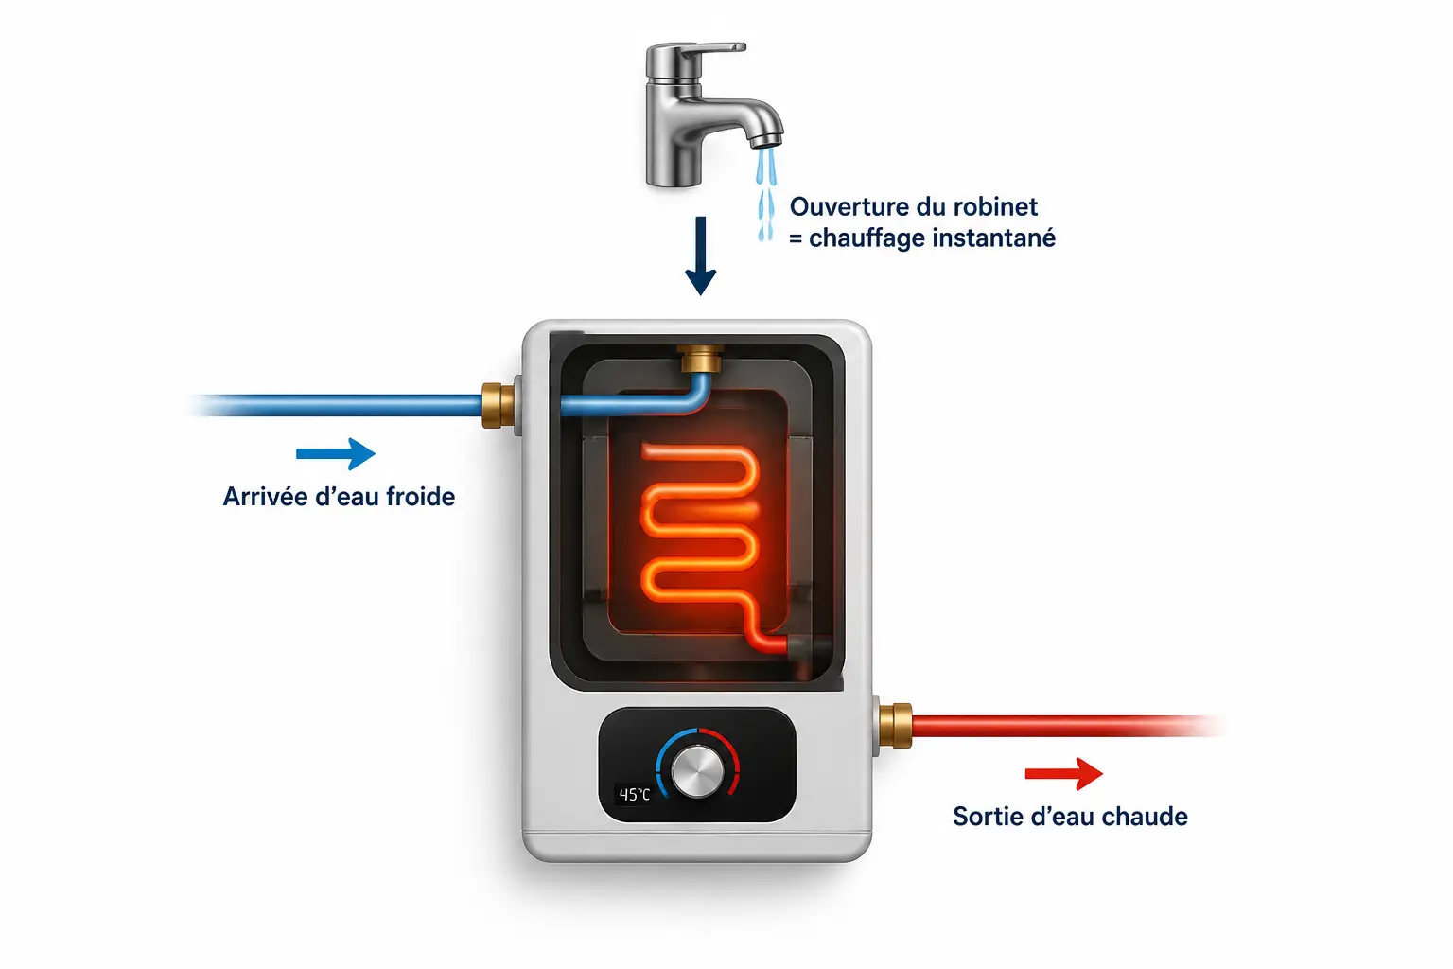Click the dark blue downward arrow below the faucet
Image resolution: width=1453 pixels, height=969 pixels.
[x=701, y=255]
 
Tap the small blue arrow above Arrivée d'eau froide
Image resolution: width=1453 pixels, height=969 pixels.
[x=336, y=453]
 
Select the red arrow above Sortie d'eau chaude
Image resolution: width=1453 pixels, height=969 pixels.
[x=1064, y=774]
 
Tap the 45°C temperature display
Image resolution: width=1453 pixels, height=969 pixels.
[x=634, y=795]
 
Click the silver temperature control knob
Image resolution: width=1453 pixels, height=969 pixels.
[x=697, y=771]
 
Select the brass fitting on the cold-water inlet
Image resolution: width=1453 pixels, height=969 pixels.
[x=499, y=405]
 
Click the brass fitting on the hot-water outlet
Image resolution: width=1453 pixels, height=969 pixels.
[x=896, y=726]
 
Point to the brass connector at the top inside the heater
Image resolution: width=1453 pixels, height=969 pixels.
[x=700, y=359]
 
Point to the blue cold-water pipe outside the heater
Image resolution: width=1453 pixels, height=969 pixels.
[x=338, y=405]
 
